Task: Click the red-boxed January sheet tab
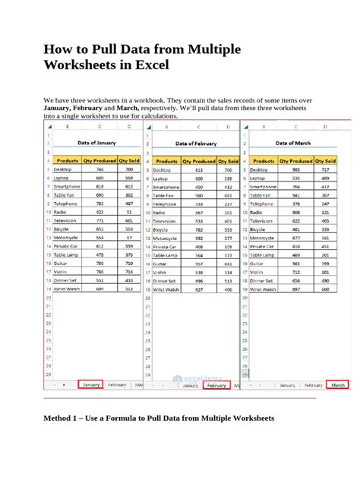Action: click(x=91, y=385)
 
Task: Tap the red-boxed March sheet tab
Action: click(x=338, y=385)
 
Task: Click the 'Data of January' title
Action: click(x=96, y=143)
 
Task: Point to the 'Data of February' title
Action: click(x=196, y=143)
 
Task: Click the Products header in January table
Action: click(x=68, y=161)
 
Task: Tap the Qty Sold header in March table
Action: click(x=325, y=161)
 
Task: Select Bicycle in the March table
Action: click(x=258, y=229)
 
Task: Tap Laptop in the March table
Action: click(x=259, y=178)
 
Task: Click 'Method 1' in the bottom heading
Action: click(x=66, y=418)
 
